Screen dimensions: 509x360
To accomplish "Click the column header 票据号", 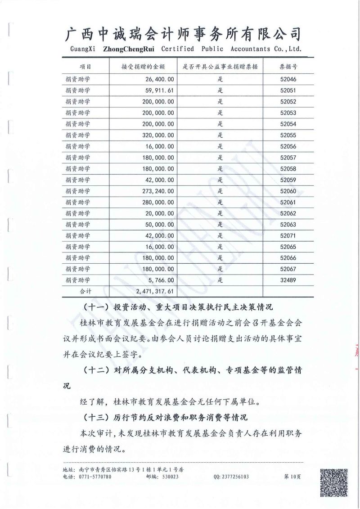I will [288, 66].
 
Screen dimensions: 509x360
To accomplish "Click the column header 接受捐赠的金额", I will [143, 66].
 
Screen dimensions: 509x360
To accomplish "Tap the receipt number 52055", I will [288, 135].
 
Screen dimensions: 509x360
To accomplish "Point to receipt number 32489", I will [288, 280].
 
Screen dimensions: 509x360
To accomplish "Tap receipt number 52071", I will [288, 235].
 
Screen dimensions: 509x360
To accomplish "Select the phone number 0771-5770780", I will [95, 477].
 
